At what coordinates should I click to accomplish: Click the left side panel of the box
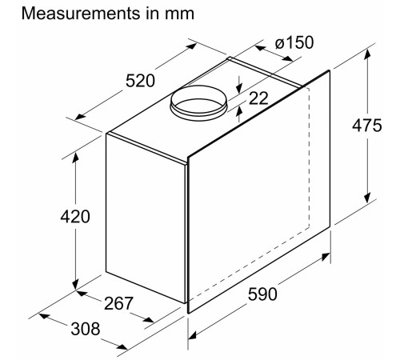tap(146, 220)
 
